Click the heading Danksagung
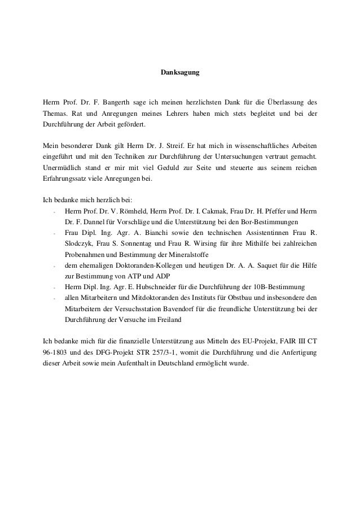click(180, 73)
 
